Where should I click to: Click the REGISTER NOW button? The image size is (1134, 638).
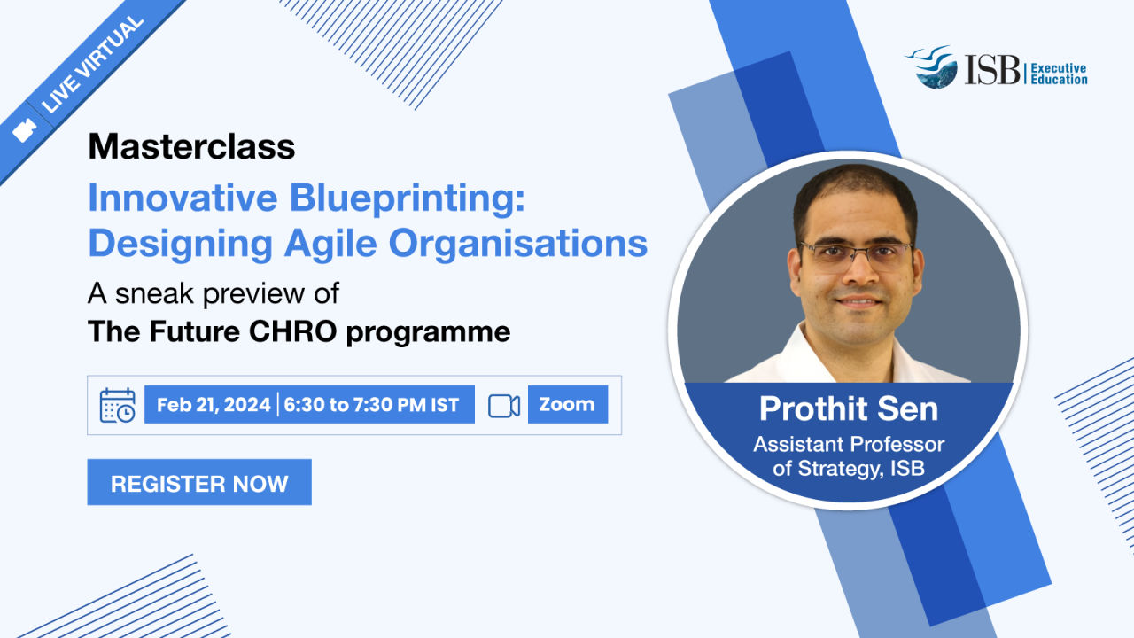click(x=199, y=482)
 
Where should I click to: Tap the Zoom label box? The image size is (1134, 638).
click(x=568, y=404)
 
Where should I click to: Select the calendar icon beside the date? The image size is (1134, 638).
click(x=118, y=405)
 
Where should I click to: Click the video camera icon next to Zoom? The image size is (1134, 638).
click(x=504, y=406)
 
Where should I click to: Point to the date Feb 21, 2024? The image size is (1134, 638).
click(x=214, y=405)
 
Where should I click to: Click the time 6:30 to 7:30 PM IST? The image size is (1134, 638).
click(x=371, y=405)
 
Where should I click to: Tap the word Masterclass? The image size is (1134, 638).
click(x=191, y=146)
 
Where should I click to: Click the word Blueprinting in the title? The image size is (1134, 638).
click(x=407, y=198)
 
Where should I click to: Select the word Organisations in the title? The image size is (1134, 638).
click(x=518, y=244)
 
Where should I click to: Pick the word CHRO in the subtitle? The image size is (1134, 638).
click(x=292, y=331)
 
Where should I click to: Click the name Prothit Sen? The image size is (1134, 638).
click(x=849, y=408)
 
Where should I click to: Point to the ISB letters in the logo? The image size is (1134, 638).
click(x=992, y=70)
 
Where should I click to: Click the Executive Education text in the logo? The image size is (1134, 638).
click(x=1059, y=74)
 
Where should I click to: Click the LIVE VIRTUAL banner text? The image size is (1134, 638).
click(x=93, y=64)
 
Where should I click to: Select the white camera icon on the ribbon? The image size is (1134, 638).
click(x=24, y=130)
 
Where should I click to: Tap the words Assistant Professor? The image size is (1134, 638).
click(x=849, y=445)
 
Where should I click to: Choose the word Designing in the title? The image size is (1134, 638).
click(x=181, y=245)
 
